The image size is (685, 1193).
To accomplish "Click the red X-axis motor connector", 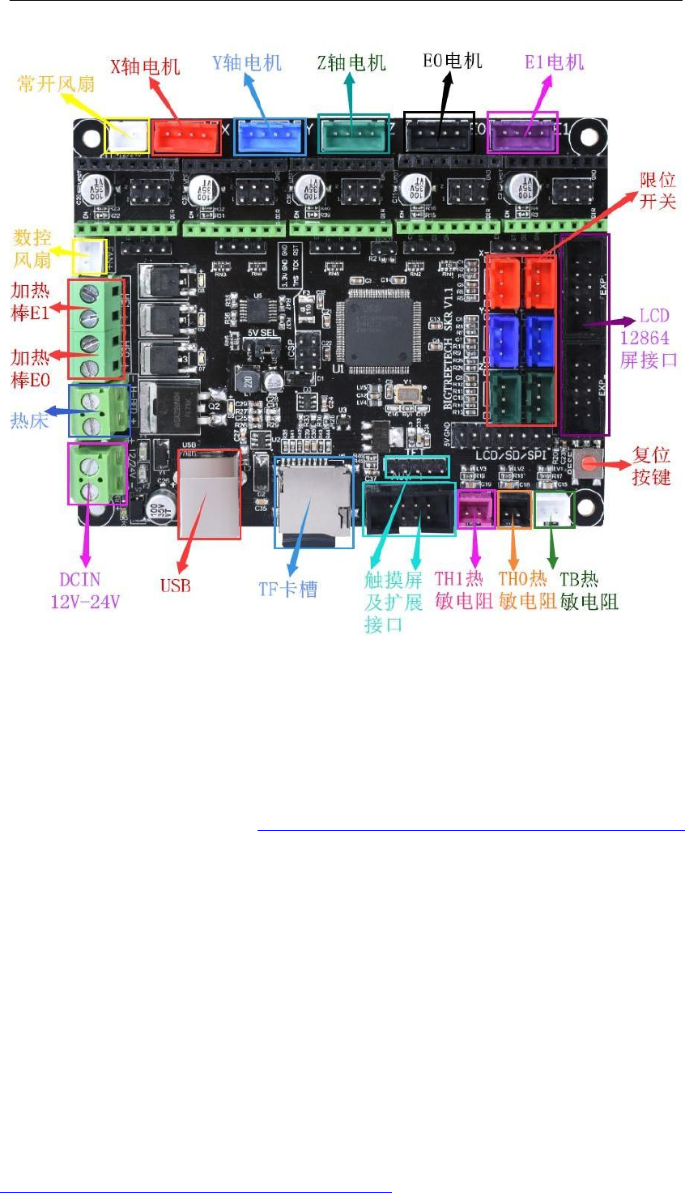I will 186,138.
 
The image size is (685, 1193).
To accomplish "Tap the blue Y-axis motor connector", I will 270,137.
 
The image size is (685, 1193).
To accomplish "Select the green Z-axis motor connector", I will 353,134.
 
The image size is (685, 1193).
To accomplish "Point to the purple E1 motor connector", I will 522,133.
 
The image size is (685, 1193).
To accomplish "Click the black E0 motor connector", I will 439,132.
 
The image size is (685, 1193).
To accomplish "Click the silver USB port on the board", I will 209,494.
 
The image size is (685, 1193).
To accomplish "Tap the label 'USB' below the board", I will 175,585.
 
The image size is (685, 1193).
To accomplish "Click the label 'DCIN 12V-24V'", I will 85,590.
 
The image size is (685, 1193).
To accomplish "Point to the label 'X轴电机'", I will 145,67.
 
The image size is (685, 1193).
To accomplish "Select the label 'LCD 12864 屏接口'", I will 648,338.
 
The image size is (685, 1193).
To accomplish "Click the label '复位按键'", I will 652,466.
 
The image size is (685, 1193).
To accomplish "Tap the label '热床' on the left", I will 29,420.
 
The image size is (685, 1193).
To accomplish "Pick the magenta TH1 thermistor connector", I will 476,509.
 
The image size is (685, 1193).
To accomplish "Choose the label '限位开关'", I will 657,190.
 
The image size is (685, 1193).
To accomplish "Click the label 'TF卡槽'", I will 288,589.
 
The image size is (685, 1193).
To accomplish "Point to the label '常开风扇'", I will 56,83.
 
